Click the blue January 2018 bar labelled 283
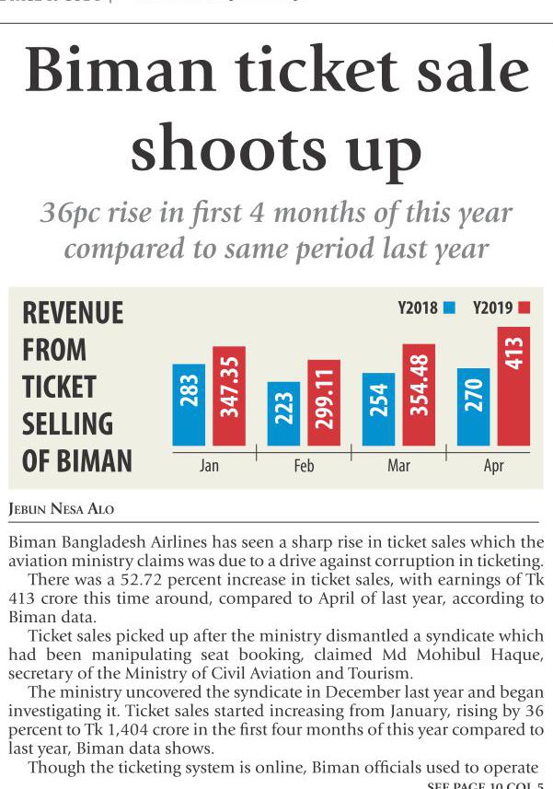coord(189,405)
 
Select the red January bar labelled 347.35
coord(229,396)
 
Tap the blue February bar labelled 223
coord(283,413)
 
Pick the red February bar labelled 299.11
coord(324,402)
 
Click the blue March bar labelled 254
coord(378,409)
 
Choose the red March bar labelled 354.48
coord(419,395)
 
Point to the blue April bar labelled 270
coord(473,407)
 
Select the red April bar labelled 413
coord(513,386)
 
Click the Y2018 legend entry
coord(426,308)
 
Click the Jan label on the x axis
coord(209,466)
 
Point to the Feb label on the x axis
coord(304,466)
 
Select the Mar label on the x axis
coord(398,466)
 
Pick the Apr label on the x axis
coord(494,466)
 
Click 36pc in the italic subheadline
coord(72,214)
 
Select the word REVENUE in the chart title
coord(73,313)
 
